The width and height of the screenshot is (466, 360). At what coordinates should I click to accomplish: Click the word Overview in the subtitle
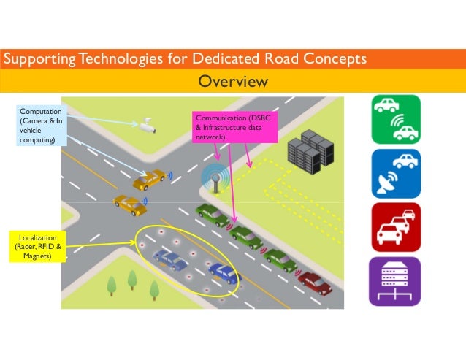pos(233,80)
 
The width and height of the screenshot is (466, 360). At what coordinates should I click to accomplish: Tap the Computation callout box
pos(41,125)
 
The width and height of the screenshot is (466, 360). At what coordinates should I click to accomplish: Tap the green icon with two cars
pos(395,120)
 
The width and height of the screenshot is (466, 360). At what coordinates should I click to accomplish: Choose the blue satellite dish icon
pos(395,175)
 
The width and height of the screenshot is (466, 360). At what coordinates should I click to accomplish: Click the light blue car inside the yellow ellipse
pos(170,258)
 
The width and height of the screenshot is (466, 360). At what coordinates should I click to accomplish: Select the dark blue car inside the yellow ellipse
pos(224,273)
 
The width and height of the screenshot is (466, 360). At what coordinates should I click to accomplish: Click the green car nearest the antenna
pos(213,214)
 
